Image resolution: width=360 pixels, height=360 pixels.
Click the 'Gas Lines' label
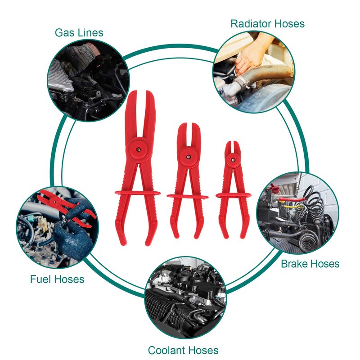79,32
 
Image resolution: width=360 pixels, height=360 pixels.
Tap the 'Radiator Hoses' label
267,24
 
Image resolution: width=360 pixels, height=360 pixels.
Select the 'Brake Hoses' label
310,264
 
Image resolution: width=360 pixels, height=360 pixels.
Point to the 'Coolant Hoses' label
183,351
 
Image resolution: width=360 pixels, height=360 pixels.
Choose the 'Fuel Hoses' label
57,279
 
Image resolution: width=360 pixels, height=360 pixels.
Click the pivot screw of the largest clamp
138,150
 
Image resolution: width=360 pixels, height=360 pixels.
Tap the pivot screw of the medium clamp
188,157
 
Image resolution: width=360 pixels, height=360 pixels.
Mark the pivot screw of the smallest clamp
232,160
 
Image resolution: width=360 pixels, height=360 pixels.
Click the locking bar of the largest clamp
138,193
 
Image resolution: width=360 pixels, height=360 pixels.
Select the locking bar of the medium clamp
187,197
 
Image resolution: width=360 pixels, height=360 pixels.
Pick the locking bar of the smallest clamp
234,195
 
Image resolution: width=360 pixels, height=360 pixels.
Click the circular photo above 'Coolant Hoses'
185,298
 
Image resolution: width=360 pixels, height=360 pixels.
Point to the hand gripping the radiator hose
250,54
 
